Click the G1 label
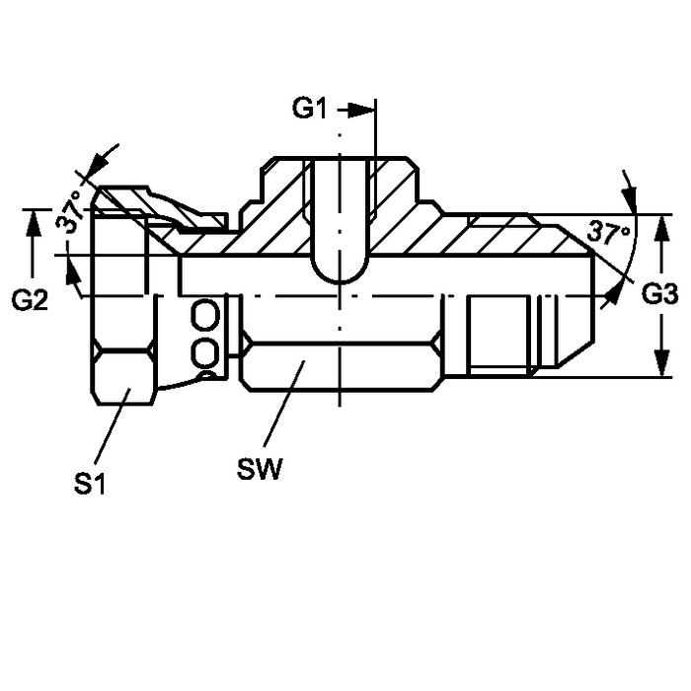[309, 109]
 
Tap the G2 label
[30, 300]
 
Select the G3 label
[659, 294]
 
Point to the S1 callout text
[90, 485]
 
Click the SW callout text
[259, 469]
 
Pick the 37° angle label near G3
[609, 233]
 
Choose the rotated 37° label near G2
[70, 210]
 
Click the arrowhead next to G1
[361, 111]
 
